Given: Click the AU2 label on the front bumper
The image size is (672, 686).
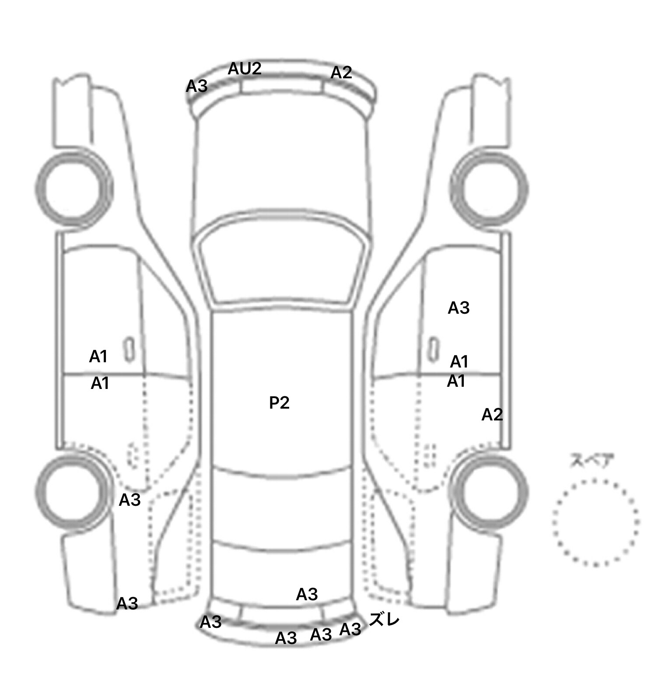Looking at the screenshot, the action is coord(245,68).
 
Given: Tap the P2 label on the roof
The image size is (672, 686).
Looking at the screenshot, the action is coord(279,402).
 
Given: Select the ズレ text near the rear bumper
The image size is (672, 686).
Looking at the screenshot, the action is coord(384,619).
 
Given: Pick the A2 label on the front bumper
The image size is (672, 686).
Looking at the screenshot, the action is coord(341,73).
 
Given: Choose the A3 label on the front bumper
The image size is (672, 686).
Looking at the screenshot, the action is coord(197,86).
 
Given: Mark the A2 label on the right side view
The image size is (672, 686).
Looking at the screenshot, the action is coord(492,414).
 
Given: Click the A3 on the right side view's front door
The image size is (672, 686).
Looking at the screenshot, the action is coord(458,308).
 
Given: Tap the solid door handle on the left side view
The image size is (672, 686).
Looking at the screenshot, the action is coord(129,350).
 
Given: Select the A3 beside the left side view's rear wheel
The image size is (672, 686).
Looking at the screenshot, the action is coord(129,500).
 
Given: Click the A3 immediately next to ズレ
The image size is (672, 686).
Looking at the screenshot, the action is coord(350,629).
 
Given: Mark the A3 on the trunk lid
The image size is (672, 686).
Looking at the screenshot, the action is coord(307,594).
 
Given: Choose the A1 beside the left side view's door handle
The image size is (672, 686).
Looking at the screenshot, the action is coord(98,357).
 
